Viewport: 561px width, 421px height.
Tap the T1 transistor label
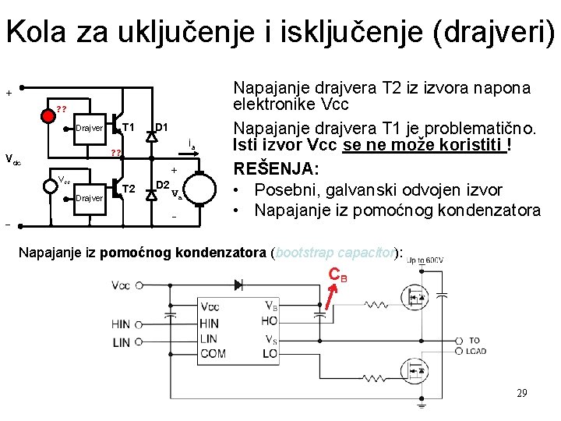coord(129,127)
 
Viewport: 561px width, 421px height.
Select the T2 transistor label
coord(129,188)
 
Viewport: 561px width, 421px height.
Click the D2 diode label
coord(163,185)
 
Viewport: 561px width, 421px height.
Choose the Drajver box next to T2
coord(90,198)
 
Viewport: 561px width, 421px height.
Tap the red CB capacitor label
coord(338,274)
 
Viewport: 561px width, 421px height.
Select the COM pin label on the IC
coord(213,353)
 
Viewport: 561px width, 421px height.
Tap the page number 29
coord(521,392)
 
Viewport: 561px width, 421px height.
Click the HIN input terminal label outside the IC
coord(121,324)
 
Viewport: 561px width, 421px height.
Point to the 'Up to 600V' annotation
coord(425,260)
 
